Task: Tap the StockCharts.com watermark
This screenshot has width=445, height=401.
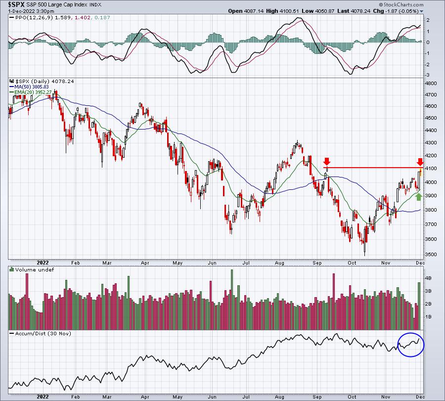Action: coord(401,4)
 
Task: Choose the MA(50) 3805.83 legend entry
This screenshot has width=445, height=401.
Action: coord(31,87)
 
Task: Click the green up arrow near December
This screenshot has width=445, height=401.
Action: coord(419,196)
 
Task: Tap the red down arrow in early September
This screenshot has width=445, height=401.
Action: coord(327,162)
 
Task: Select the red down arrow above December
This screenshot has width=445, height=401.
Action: coord(420,162)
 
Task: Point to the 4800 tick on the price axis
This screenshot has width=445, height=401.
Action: coord(431,84)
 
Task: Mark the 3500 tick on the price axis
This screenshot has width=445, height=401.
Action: coord(431,254)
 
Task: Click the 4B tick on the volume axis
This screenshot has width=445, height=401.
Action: coord(428,278)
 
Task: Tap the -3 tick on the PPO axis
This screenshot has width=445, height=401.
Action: coord(427,75)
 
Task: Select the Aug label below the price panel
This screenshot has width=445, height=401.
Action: coord(279,263)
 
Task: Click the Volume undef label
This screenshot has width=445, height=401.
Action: coord(34,269)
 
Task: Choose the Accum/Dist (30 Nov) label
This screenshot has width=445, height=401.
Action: coord(43,333)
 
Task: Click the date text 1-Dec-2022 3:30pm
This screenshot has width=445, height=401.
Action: coord(31,11)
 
